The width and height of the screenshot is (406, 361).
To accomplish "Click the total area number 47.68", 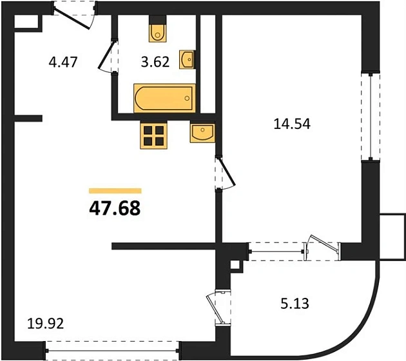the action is (115, 208).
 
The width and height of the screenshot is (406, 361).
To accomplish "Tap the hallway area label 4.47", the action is (63, 62).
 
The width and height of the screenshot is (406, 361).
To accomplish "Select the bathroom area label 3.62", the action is (155, 62).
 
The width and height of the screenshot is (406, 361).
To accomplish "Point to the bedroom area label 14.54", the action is (292, 124).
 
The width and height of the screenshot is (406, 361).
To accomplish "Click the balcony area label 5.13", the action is (295, 303).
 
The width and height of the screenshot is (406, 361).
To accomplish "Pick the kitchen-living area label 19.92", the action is (45, 324).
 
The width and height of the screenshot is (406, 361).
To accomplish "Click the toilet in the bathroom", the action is (158, 29).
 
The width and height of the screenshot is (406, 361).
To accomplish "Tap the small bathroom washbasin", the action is (187, 59).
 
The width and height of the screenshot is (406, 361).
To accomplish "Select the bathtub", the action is (164, 98).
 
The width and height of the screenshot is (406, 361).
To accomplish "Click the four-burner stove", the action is (153, 135).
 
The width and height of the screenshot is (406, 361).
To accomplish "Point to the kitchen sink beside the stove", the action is (202, 132).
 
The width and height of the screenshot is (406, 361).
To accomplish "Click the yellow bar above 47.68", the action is (115, 191).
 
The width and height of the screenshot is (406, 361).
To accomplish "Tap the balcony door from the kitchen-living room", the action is (217, 308).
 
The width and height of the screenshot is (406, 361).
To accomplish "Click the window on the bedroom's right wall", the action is (371, 117).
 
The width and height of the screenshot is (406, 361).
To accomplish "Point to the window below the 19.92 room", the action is (112, 351).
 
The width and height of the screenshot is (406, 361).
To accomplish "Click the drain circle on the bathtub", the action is (187, 98).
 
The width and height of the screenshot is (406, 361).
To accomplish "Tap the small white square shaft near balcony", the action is (235, 266).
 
